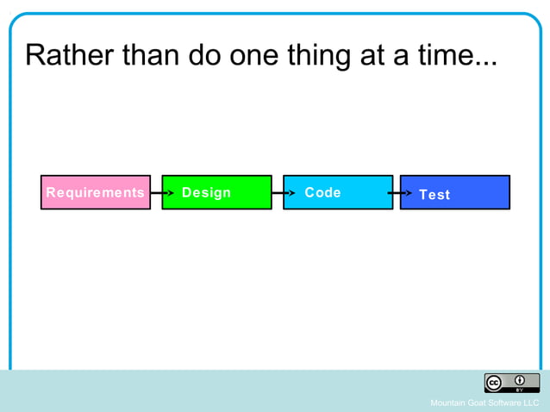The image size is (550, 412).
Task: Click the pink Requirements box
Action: (95, 192)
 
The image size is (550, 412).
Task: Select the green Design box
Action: (216, 192)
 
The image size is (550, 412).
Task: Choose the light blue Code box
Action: (337, 192)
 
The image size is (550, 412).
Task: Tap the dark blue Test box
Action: (455, 193)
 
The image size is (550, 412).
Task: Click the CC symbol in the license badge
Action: (495, 383)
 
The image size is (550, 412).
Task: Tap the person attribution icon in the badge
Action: (521, 381)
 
